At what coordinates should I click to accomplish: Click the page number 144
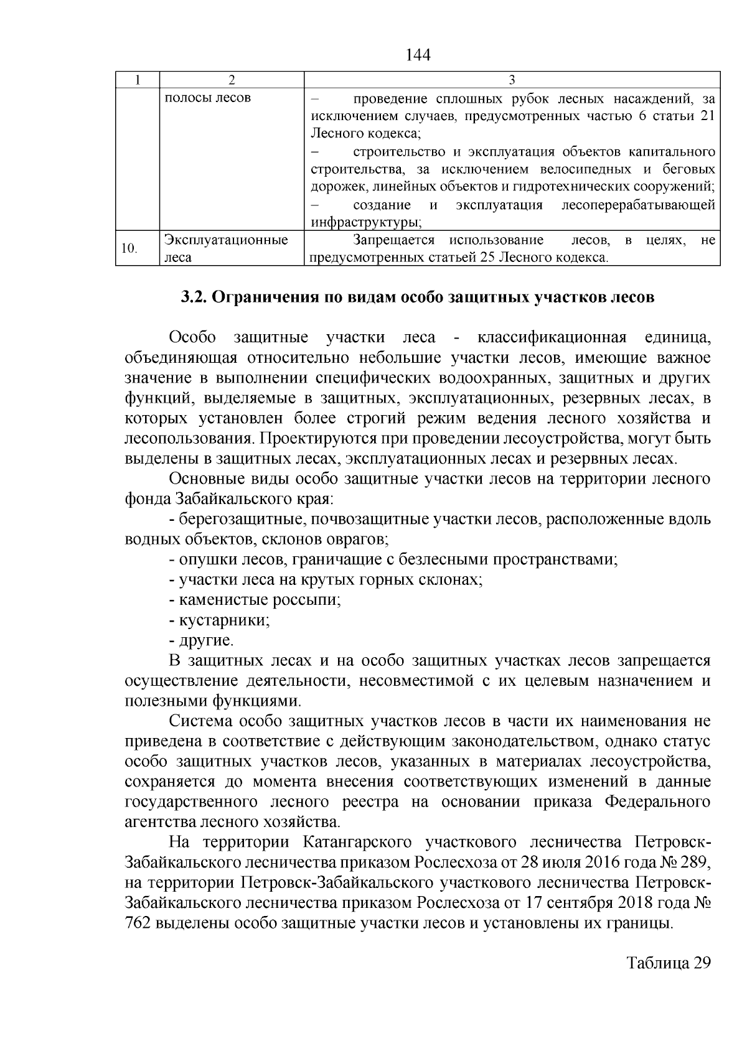tap(418, 55)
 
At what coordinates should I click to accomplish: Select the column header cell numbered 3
tap(511, 80)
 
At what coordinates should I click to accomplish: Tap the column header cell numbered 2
tap(232, 80)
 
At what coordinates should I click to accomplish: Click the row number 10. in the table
tap(129, 249)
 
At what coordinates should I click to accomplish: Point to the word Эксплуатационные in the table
tap(226, 240)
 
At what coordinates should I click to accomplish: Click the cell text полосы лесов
tap(207, 98)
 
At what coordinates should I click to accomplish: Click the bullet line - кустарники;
tap(219, 620)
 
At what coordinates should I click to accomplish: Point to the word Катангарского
tap(358, 843)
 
